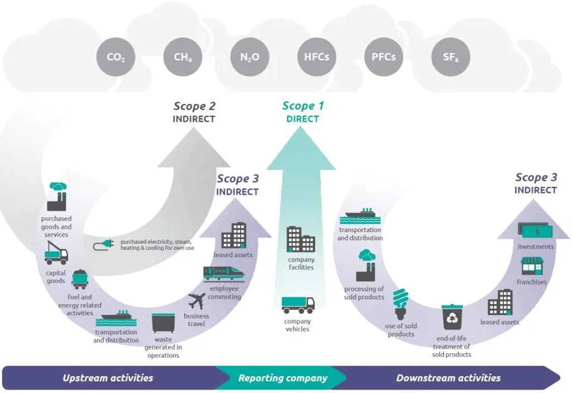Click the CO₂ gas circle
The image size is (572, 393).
[x=116, y=57]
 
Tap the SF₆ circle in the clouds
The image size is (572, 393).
[x=451, y=57]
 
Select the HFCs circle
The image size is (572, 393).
[x=316, y=57]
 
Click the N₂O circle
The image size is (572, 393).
[x=250, y=57]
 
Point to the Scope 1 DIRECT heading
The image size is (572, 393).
[x=303, y=112]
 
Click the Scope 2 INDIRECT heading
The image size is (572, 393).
[x=194, y=112]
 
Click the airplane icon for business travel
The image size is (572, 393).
[x=197, y=301]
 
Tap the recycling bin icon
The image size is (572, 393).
[x=451, y=318]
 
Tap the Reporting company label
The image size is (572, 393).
[x=283, y=378]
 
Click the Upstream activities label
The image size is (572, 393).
[x=108, y=378]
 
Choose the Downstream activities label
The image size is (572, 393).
[x=448, y=378]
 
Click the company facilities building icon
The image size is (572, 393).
[x=301, y=239]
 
